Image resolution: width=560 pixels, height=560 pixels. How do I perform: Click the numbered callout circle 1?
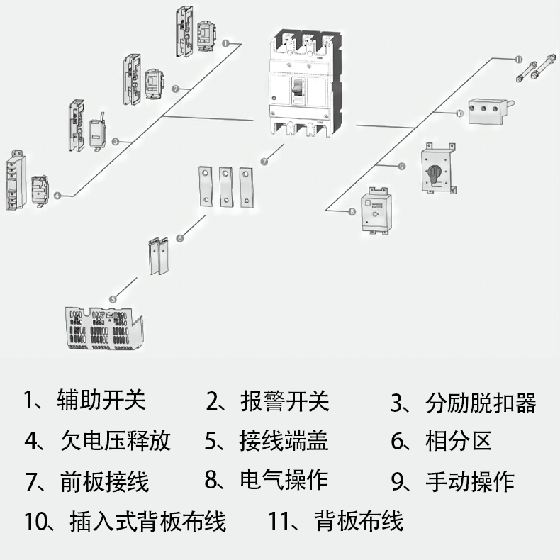[225, 43]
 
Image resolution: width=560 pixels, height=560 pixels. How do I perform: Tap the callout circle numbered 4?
[57, 195]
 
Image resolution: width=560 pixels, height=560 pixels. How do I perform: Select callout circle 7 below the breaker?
[264, 162]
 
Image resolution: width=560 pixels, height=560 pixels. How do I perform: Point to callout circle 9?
[401, 166]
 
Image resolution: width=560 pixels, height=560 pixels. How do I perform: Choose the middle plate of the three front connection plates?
[226, 186]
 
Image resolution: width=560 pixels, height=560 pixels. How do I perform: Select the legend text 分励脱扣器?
[481, 403]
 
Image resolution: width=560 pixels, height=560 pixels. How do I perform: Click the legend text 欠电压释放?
[116, 440]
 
